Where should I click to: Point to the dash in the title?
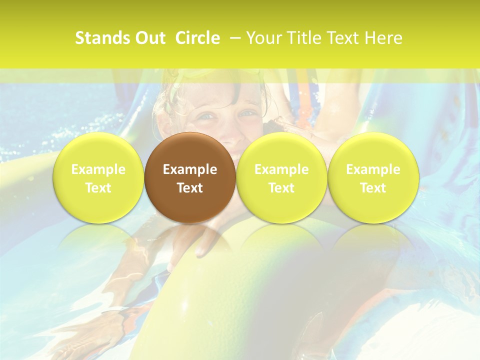click(x=233, y=38)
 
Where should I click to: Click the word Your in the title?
click(x=262, y=38)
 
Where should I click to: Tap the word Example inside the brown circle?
click(x=190, y=169)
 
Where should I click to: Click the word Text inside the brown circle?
click(x=190, y=188)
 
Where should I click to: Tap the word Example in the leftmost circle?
click(x=98, y=169)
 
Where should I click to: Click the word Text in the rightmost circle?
click(x=373, y=188)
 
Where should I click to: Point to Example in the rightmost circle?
click(x=373, y=169)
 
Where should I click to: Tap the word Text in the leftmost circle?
click(x=98, y=188)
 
